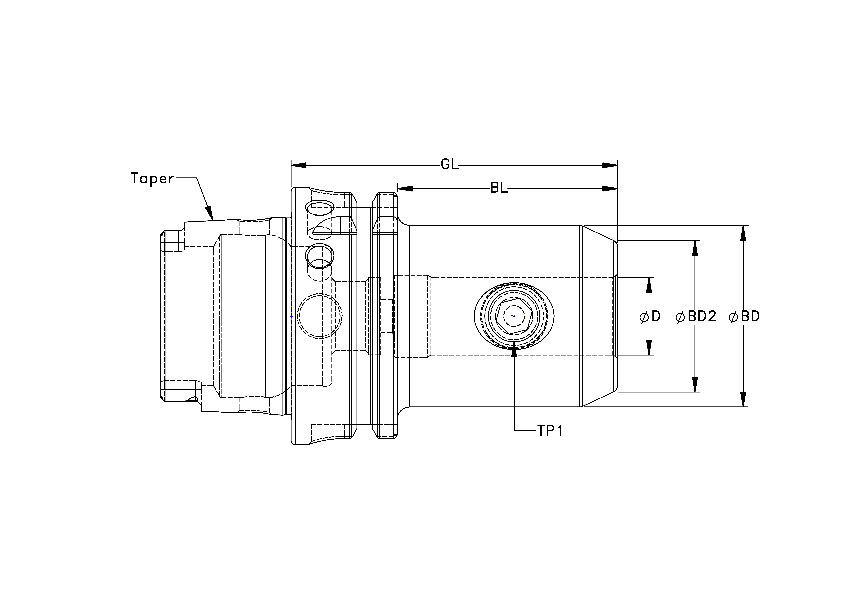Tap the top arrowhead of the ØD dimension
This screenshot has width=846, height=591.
[649, 285]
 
